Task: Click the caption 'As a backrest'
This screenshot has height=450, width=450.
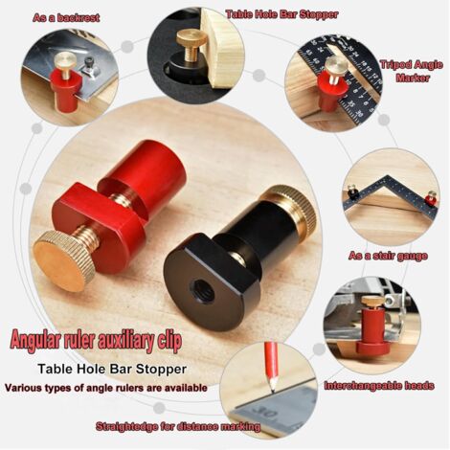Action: pos(66,17)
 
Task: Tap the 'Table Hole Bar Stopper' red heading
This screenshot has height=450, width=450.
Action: pos(281,14)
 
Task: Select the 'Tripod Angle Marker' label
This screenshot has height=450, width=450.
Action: pos(412,71)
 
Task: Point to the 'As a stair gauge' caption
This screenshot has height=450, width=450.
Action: pos(388,256)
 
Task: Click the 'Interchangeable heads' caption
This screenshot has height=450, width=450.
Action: pos(379,386)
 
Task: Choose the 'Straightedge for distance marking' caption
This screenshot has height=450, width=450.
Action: pos(178,426)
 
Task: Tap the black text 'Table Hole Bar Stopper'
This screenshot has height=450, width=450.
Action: pos(112,369)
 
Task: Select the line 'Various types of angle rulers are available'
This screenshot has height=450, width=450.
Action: pos(106,388)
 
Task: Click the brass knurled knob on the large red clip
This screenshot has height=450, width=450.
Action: pos(63,260)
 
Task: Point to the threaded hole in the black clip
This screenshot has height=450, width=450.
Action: pos(202,290)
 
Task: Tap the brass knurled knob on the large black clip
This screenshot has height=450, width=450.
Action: pos(294,208)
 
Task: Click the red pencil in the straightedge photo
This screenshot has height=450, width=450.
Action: pos(270,367)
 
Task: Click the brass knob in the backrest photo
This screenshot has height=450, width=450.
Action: pos(65,60)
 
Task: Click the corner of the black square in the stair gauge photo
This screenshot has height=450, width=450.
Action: pos(390,176)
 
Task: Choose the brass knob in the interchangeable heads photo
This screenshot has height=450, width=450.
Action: pos(371,301)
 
